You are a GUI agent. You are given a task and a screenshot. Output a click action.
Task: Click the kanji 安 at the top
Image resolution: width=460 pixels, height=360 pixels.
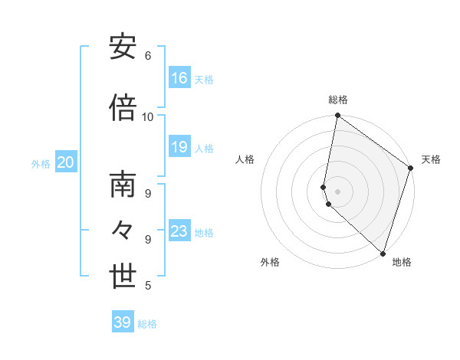click(123, 47)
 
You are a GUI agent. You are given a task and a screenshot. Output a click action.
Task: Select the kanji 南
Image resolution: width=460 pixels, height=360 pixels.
click(123, 187)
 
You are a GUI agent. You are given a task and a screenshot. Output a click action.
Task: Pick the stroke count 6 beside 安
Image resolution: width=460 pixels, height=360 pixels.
click(148, 56)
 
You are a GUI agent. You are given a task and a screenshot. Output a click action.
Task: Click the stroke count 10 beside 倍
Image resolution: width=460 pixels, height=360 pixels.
click(148, 117)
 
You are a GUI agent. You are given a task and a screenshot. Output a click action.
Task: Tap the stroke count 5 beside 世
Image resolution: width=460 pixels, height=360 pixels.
click(148, 286)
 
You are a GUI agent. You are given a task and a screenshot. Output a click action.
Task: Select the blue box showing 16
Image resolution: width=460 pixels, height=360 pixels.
click(179, 78)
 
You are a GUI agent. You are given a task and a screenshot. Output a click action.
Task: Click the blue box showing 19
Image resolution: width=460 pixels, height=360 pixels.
click(179, 148)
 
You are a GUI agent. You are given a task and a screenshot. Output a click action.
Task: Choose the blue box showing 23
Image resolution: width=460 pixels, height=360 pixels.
click(179, 231)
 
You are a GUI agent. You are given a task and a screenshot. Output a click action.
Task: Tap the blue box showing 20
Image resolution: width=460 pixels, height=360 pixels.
click(66, 162)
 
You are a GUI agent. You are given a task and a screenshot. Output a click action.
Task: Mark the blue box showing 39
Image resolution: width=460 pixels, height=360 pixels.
click(123, 322)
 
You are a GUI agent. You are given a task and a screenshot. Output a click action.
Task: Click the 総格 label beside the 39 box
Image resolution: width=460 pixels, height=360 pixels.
click(148, 324)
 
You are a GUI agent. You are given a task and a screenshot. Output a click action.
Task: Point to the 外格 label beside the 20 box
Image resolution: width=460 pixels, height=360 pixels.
click(41, 163)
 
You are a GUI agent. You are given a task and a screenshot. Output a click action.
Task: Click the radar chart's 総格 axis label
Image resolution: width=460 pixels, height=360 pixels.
click(338, 100)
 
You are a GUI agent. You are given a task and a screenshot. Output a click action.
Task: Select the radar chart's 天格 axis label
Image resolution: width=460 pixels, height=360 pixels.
click(431, 159)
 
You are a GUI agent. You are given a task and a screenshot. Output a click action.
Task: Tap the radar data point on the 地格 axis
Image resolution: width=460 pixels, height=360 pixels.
click(383, 253)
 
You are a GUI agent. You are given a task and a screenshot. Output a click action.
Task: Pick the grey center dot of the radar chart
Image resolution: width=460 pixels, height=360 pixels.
click(338, 191)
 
